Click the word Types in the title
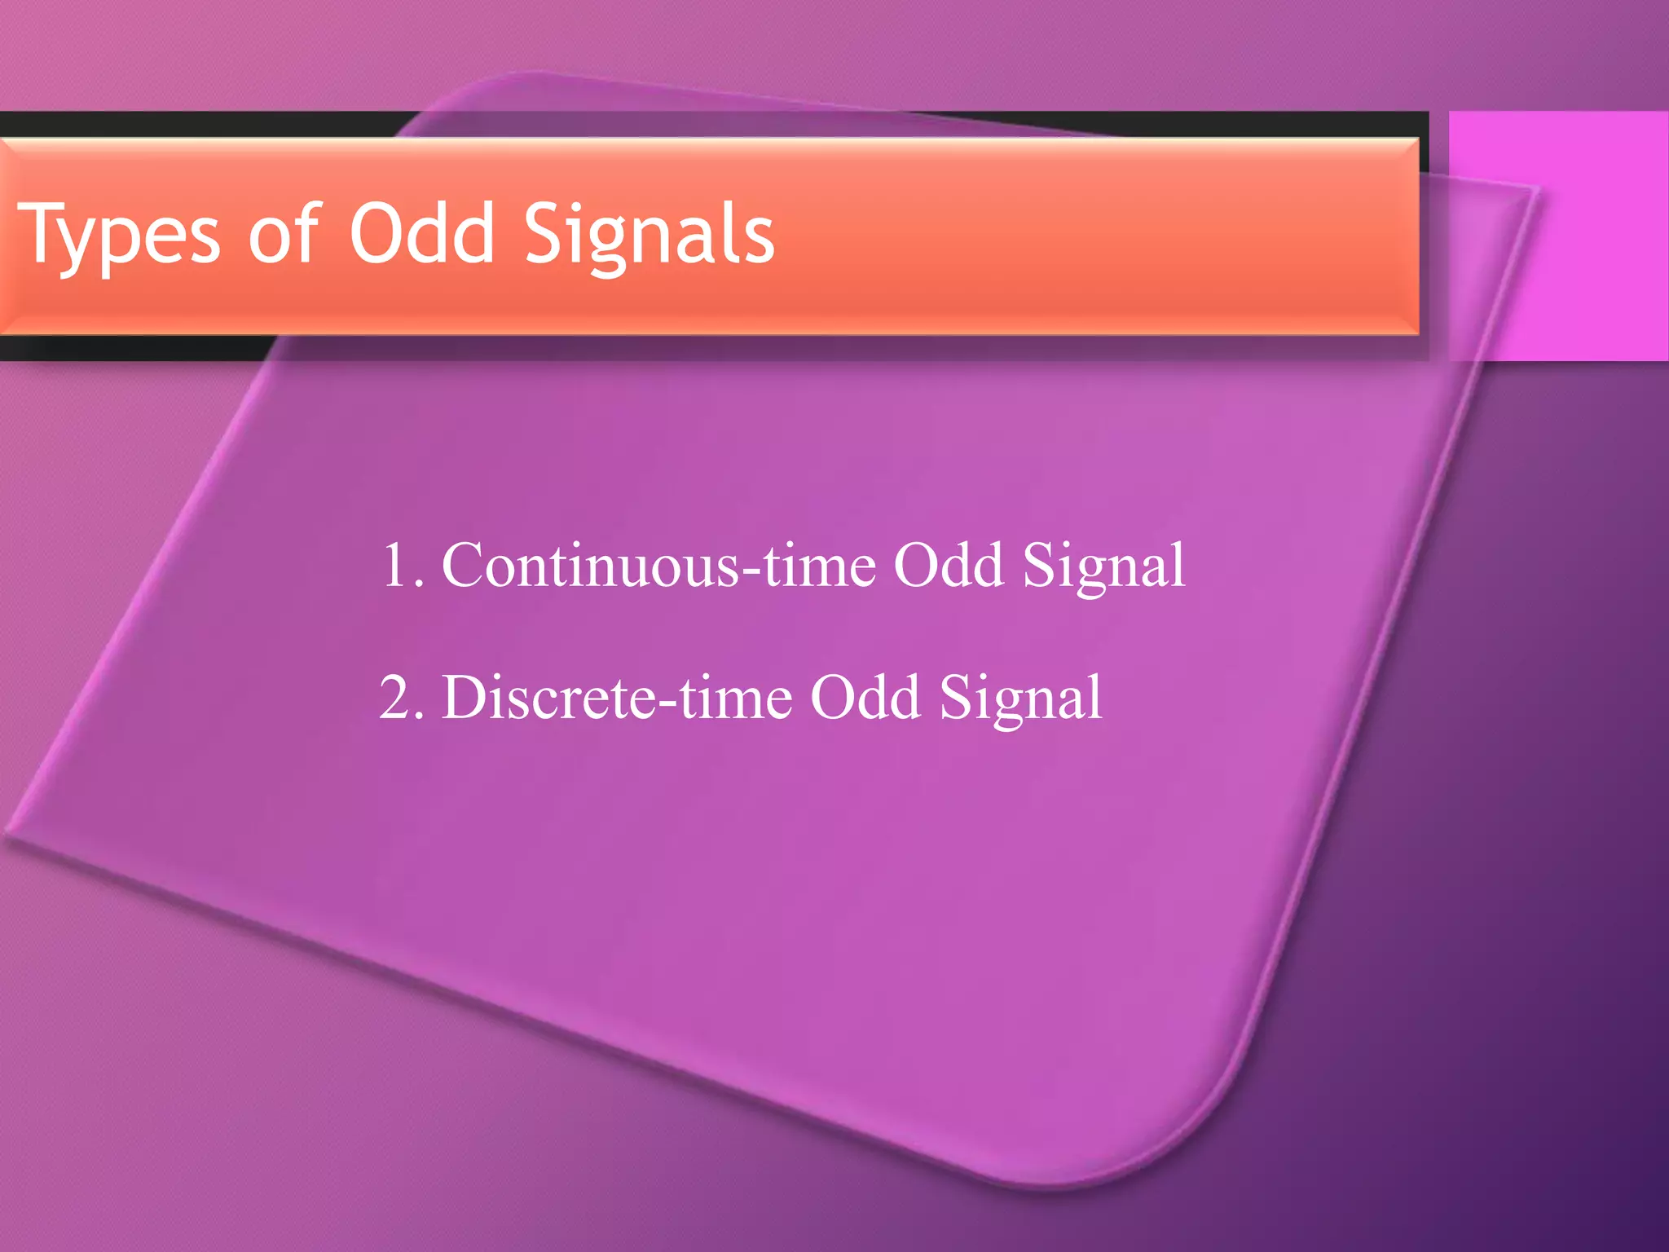pyautogui.click(x=119, y=236)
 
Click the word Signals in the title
pyautogui.click(x=649, y=236)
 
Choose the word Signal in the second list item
pyautogui.click(x=1020, y=699)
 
